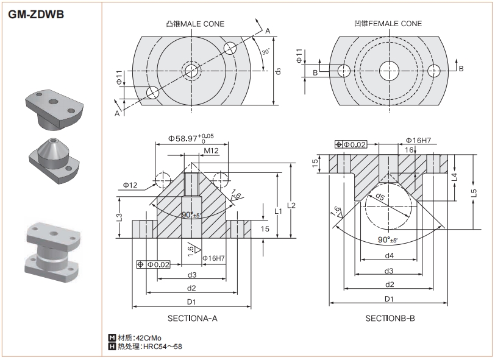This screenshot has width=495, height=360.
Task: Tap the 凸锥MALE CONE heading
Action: pos(194,24)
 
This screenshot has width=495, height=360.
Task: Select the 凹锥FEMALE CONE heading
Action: pos(388,24)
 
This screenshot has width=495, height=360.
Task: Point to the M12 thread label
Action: pos(212,150)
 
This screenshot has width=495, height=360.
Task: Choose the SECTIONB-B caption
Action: pos(390,318)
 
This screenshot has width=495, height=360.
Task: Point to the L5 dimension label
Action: pos(474,193)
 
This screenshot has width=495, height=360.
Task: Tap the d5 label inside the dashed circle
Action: pos(380,197)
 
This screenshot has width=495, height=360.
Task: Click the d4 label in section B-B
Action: pos(388,255)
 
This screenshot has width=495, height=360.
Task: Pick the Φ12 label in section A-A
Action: pos(130,185)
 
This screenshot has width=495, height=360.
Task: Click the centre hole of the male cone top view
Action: pos(192,70)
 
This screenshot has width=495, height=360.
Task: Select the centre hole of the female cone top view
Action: pos(388,70)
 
